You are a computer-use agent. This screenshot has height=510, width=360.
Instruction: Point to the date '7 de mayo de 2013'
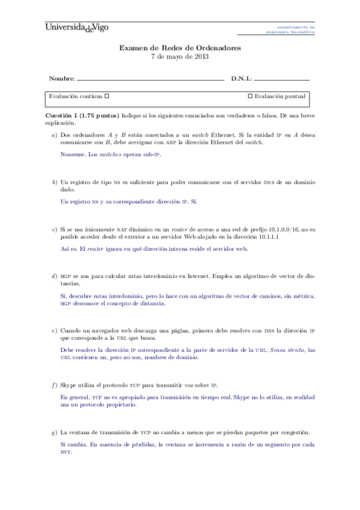click(x=180, y=56)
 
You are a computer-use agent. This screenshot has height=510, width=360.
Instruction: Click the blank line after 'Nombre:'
click(x=150, y=79)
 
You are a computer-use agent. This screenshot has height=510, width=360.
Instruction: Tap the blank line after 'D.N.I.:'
click(x=282, y=79)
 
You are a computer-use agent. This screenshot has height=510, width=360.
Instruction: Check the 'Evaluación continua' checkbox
click(x=107, y=96)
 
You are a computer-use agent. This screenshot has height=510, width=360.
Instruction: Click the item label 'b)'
click(x=55, y=181)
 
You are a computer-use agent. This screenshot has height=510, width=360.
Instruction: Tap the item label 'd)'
click(x=55, y=276)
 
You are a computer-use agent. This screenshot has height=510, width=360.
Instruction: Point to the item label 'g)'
click(x=55, y=432)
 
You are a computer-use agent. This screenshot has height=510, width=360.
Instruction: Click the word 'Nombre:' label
click(x=62, y=79)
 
